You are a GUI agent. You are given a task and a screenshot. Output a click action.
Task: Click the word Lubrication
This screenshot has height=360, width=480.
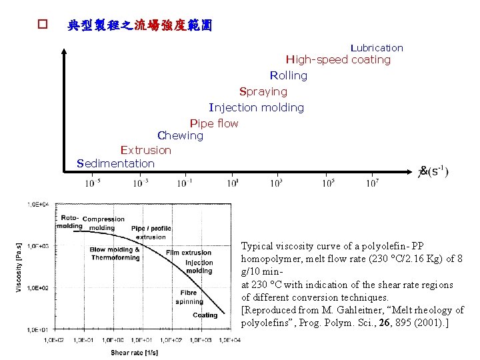(x=377, y=48)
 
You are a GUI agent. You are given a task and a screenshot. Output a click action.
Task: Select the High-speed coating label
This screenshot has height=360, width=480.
(x=338, y=60)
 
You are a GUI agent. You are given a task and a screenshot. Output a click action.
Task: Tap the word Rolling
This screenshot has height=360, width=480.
(x=289, y=76)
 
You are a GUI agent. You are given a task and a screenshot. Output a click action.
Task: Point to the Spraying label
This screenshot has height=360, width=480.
(x=263, y=92)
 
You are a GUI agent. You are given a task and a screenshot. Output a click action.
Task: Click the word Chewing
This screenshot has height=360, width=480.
(x=180, y=136)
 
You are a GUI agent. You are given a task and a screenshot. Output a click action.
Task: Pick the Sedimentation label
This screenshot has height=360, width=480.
(x=116, y=164)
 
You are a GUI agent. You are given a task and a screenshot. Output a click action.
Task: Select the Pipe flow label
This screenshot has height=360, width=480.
(x=214, y=124)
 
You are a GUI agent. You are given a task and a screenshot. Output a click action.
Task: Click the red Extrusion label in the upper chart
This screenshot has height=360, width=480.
(x=146, y=151)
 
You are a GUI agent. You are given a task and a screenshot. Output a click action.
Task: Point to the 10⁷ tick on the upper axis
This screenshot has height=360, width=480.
(x=373, y=183)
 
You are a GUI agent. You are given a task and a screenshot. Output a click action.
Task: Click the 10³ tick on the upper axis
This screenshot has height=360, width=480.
(x=276, y=183)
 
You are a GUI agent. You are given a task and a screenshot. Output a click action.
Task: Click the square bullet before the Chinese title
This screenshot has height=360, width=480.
(x=42, y=25)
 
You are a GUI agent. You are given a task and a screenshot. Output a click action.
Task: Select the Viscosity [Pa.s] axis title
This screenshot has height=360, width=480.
(x=19, y=267)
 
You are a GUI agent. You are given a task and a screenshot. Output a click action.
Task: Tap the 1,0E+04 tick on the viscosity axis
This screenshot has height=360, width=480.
(x=38, y=205)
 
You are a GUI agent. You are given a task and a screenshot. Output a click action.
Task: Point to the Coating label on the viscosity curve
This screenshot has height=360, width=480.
(x=205, y=315)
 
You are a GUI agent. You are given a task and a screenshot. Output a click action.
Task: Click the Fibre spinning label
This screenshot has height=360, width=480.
(x=189, y=297)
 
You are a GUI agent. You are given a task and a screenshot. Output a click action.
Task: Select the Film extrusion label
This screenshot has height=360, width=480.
(x=189, y=253)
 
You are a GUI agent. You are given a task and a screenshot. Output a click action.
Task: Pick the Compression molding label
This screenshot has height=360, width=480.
(x=103, y=223)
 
